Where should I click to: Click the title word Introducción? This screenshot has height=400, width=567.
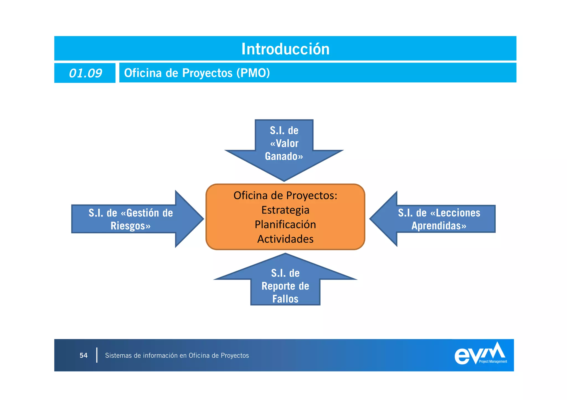click(x=285, y=49)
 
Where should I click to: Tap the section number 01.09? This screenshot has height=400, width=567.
click(x=85, y=73)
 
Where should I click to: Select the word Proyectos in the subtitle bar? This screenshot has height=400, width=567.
click(x=207, y=73)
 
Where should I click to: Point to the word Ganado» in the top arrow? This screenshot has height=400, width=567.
click(x=284, y=156)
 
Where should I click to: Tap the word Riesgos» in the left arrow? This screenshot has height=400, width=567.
click(x=130, y=226)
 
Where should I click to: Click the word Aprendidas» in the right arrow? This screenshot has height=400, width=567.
click(x=439, y=226)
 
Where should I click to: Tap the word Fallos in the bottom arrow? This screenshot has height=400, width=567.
click(x=285, y=299)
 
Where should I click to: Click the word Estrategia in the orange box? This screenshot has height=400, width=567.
click(x=285, y=210)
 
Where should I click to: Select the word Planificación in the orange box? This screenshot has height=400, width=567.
click(x=285, y=224)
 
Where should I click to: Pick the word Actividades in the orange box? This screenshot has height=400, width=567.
click(x=285, y=239)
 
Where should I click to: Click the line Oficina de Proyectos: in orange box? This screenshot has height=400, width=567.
click(x=285, y=195)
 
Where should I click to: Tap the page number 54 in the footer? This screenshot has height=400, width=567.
click(x=83, y=355)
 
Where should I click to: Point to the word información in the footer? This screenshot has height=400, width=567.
click(x=160, y=355)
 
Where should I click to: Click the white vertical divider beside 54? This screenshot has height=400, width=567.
click(x=97, y=355)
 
